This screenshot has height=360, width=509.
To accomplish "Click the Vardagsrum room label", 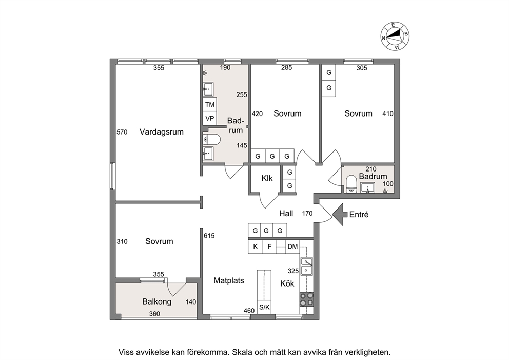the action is click(161, 132).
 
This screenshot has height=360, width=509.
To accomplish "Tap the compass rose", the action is click(395, 36).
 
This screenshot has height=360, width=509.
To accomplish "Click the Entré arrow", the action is click(339, 215).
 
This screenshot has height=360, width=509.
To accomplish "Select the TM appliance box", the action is click(210, 105).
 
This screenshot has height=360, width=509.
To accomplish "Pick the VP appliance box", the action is click(210, 119).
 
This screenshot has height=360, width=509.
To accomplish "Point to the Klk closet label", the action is click(267, 178).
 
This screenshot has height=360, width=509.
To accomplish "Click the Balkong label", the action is click(157, 301).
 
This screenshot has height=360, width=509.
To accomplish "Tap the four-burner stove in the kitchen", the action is click(306, 299).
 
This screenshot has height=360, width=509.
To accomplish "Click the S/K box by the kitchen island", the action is click(264, 307).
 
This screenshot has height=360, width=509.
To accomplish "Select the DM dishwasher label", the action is click(292, 247).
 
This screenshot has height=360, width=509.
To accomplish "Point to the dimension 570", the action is click(122, 132).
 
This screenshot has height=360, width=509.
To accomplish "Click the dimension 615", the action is click(209, 236).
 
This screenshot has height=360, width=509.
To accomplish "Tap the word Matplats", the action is click(229, 281).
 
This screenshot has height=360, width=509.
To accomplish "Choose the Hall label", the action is click(286, 214).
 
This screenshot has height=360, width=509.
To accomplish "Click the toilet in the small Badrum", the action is click(351, 184).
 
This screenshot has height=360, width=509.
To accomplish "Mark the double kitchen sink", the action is click(306, 266).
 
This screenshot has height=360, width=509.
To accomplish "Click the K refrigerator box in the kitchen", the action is click(255, 247).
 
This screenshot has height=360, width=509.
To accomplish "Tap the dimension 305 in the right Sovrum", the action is click(362, 68).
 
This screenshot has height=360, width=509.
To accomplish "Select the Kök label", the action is click(287, 283).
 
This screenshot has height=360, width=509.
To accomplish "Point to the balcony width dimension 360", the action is click(155, 314).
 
